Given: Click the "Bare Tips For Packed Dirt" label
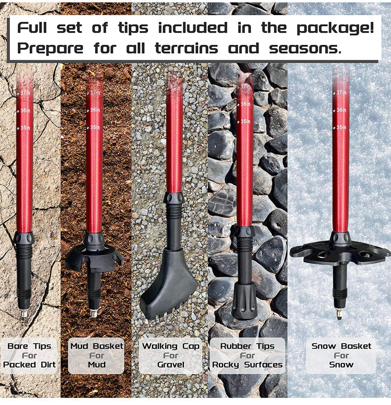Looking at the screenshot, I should point(29,355).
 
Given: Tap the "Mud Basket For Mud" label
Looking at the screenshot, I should point(96,355).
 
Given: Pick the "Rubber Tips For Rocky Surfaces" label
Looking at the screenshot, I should point(247,355).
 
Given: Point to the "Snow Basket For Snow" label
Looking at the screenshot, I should point(341,355).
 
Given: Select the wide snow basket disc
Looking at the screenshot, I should point(340,251).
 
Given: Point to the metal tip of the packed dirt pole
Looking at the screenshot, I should point(24,313).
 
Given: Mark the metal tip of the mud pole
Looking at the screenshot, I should point(94,313).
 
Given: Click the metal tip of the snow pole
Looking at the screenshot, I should point(339,313).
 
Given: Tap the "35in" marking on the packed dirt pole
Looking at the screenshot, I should point(25,128).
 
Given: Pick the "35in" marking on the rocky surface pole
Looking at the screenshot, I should point(245,122).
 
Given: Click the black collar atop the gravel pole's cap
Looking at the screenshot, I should point(174,198).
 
